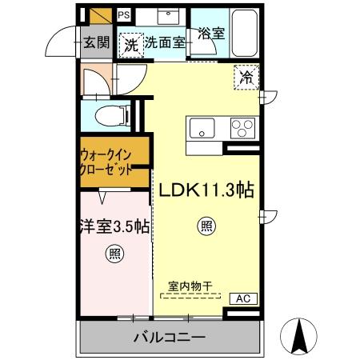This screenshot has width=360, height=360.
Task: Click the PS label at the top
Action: (123, 14)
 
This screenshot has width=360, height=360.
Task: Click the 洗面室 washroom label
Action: (164, 43)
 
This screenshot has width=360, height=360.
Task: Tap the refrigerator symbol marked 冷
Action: (247, 77)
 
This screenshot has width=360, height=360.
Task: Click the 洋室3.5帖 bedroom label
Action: (114, 226)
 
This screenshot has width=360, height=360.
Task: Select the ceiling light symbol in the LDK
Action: (206, 226)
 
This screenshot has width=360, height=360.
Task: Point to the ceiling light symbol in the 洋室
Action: (114, 255)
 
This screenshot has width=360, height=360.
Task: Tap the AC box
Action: (244, 298)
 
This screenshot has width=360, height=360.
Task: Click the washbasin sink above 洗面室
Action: (168, 17)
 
